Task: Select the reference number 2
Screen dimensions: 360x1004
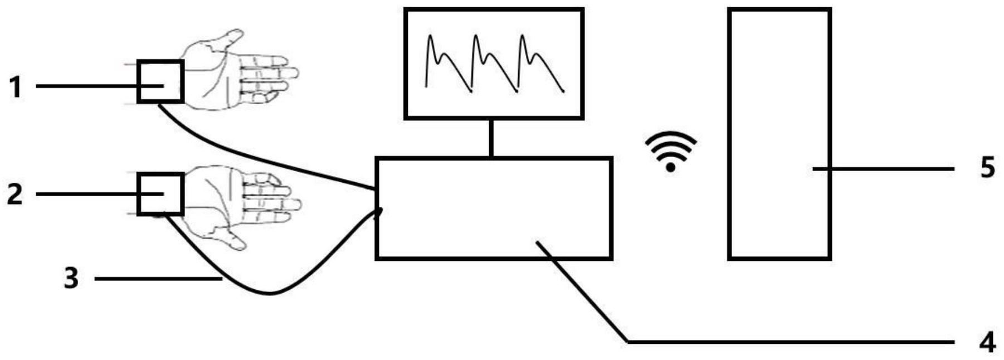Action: [15, 194]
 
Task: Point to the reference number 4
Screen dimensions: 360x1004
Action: [987, 342]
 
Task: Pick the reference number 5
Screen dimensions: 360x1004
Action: [987, 168]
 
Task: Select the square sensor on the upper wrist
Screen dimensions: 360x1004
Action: [160, 82]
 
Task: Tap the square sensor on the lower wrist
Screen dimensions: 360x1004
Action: [160, 194]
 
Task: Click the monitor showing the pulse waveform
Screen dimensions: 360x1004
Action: [494, 64]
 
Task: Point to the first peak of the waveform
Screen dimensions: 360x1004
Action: [430, 37]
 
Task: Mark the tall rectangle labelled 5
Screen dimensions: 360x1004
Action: [779, 134]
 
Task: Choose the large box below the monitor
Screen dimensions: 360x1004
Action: [494, 208]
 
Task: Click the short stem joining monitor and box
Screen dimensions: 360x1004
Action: [491, 138]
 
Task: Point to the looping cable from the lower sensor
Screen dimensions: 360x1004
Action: [270, 292]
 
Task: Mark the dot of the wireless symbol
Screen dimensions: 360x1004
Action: [671, 167]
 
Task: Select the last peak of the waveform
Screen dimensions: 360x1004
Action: [523, 37]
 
